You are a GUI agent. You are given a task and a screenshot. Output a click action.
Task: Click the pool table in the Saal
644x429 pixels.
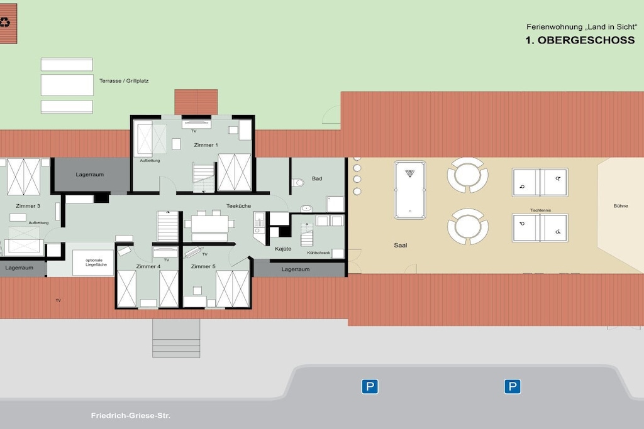tap(410, 190)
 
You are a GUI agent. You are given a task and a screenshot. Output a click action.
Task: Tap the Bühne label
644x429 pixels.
tap(621, 206)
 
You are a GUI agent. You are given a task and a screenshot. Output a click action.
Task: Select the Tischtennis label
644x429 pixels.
tap(540, 210)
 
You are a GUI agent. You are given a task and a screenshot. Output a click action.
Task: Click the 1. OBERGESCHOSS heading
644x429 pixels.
tap(580, 40)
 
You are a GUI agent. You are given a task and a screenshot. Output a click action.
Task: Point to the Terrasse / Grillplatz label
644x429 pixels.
tap(124, 81)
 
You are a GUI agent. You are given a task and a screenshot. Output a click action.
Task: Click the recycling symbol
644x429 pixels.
tap(5, 22)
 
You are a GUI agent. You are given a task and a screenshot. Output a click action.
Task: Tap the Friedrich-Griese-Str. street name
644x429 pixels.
tap(131, 415)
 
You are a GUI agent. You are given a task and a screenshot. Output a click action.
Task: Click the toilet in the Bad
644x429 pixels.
tap(298, 182)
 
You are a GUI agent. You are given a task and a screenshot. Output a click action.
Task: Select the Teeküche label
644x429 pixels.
tap(238, 206)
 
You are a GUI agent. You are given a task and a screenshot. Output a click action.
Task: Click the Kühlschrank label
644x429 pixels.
tap(318, 253)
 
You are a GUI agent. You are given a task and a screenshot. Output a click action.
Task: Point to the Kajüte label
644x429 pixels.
tap(283, 249)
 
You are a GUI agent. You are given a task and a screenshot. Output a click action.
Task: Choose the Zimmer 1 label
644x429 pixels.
tap(206, 144)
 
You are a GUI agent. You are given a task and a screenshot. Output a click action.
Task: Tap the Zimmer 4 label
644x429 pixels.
tap(148, 266)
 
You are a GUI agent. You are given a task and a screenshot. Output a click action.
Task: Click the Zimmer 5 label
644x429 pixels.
tap(203, 266)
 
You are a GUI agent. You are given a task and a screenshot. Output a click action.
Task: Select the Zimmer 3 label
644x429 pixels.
tap(28, 206)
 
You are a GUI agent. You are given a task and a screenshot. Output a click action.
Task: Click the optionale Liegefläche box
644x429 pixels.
tap(93, 263)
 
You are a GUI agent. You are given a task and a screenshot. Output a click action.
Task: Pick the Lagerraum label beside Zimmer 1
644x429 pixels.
tap(89, 175)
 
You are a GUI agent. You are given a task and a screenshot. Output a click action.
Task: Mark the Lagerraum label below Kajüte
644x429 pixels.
tap(296, 269)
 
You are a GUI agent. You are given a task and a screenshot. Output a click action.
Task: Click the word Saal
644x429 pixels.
tap(401, 245)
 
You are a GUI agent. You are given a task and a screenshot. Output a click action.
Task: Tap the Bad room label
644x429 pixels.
tap(317, 178)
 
